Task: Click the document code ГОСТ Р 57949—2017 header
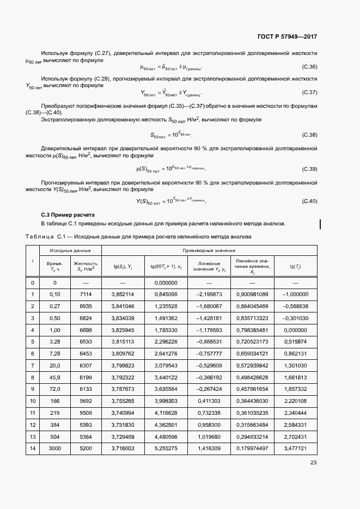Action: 287,36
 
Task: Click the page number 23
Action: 313,463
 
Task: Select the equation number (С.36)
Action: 309,67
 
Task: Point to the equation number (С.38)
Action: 309,134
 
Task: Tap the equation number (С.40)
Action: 309,201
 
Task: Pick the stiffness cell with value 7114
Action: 86,295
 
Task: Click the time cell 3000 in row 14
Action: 54,448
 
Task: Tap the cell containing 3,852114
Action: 123,295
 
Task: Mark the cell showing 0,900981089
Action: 252,295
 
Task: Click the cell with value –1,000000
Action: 296,295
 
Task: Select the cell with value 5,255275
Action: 166,448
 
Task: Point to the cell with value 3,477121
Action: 296,448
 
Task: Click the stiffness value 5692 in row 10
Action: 86,401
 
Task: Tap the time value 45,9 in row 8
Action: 54,377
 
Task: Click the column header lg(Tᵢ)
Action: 296,266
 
